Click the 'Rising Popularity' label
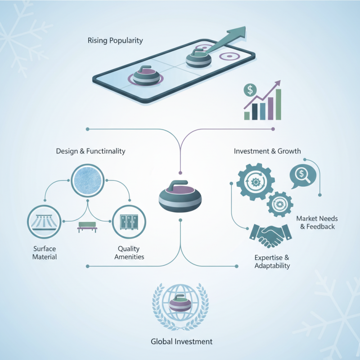click(x=115, y=40)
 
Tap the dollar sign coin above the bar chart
click(x=250, y=90)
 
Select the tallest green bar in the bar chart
click(x=278, y=104)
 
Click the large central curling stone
click(x=180, y=196)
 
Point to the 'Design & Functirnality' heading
click(x=91, y=151)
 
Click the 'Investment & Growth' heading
click(x=267, y=151)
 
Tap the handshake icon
click(x=270, y=236)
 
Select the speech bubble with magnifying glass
click(x=303, y=176)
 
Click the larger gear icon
click(x=256, y=182)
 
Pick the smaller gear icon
click(x=280, y=204)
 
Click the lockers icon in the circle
click(x=129, y=222)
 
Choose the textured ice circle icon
click(x=87, y=180)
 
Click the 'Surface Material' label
click(x=45, y=253)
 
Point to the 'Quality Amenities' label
click(x=129, y=253)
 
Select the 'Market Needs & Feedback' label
click(x=317, y=222)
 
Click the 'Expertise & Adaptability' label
click(x=272, y=261)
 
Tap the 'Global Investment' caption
click(x=182, y=342)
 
